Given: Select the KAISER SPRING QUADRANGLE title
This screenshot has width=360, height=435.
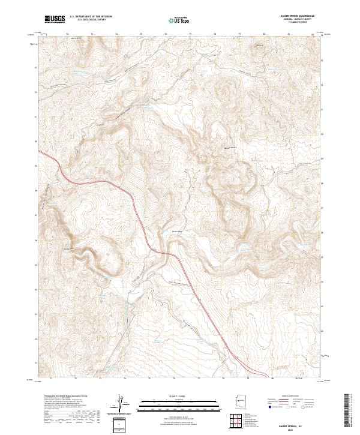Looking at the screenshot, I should (x=290, y=16).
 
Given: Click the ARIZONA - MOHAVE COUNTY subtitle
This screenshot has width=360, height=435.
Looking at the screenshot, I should (x=290, y=19).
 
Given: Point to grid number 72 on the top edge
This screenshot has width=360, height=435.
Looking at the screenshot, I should (x=67, y=35).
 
